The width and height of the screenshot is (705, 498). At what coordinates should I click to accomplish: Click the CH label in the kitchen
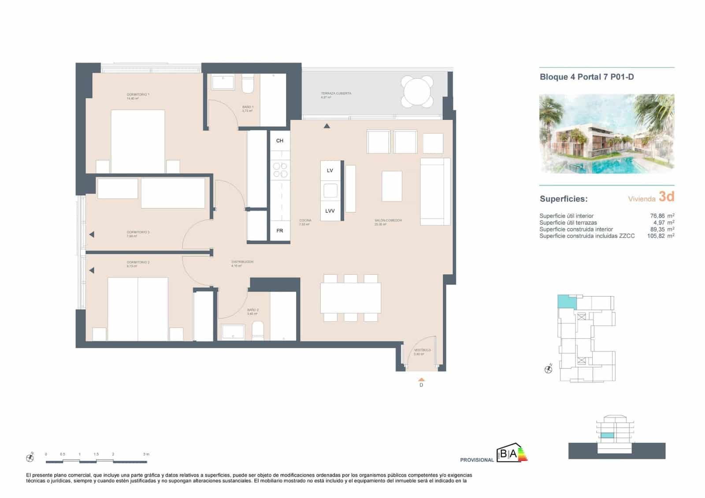tap(280, 141)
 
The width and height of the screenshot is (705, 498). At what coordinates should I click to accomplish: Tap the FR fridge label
tap(280, 231)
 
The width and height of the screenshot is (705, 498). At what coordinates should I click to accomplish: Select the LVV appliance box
tap(330, 211)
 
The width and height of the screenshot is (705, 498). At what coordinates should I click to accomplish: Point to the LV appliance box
tap(330, 171)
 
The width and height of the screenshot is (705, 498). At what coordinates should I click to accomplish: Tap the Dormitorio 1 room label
tap(138, 95)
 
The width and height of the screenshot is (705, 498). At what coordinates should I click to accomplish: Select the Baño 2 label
tap(253, 310)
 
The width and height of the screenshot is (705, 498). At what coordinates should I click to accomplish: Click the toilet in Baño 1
tap(248, 85)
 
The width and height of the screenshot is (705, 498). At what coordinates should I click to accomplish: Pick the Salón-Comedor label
tap(388, 220)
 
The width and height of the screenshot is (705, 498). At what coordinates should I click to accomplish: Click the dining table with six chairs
tap(351, 298)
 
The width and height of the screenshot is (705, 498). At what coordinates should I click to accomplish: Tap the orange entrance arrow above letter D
tap(421, 379)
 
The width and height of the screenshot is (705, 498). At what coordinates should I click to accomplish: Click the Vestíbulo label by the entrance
tap(422, 350)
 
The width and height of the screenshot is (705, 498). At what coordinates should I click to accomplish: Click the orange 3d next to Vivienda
tap(666, 197)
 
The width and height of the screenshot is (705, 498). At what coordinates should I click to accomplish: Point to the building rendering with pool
tap(607, 134)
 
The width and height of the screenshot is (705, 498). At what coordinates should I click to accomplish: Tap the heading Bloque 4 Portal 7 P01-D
tap(586, 77)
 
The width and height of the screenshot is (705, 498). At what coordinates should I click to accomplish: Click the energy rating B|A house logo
tap(512, 454)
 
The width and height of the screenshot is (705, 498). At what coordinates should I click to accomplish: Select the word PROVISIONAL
tap(477, 460)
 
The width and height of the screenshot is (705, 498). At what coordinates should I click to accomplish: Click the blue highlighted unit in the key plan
tap(566, 302)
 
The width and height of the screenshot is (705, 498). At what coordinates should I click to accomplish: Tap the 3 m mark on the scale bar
tap(146, 454)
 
